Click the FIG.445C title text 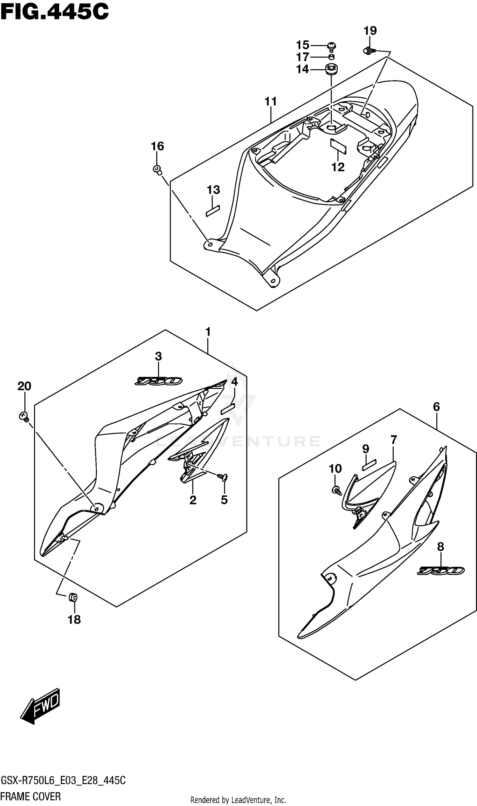click(x=55, y=12)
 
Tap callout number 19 click(x=370, y=31)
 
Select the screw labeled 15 click(x=332, y=47)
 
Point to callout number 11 click(x=271, y=101)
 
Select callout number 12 click(x=338, y=167)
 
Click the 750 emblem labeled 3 click(x=158, y=381)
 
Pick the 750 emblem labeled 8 click(x=440, y=570)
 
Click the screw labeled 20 click(x=24, y=417)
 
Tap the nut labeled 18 click(x=73, y=598)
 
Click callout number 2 click(x=193, y=500)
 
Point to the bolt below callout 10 click(x=336, y=490)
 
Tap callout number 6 click(x=436, y=407)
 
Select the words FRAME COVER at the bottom click(x=31, y=796)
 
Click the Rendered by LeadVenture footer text click(x=238, y=800)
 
